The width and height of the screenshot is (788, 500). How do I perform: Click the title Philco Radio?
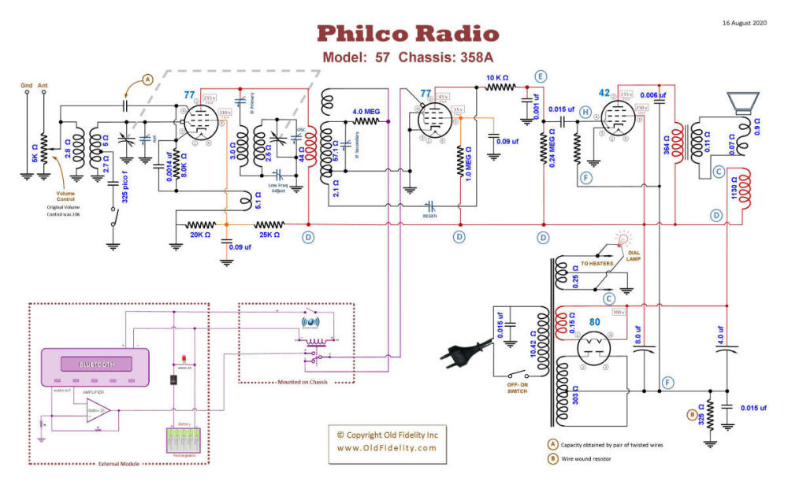pos(407,34)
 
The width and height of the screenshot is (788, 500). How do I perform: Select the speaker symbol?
pos(743,102)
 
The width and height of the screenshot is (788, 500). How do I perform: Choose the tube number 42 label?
pos(604,92)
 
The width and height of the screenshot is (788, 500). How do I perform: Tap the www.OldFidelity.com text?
pos(386,448)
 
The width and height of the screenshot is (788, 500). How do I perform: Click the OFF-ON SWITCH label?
pos(515,387)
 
